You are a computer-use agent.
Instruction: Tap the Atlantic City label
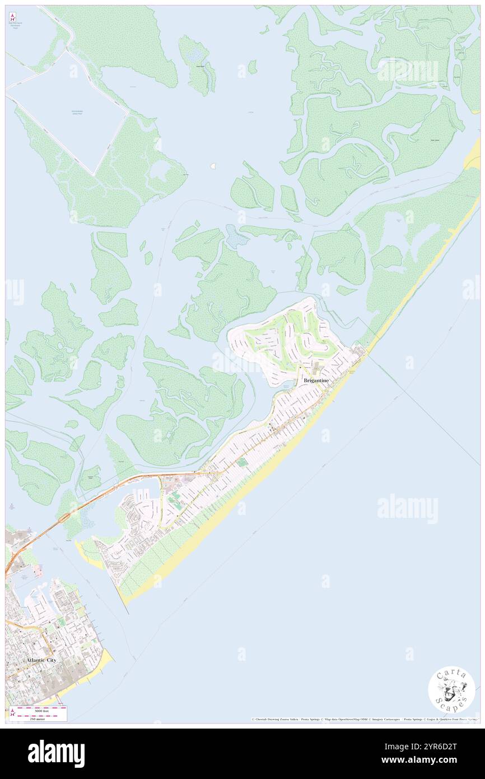(41, 660)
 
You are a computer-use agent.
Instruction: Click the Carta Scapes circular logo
(451, 690)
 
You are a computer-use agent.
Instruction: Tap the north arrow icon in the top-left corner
(12, 17)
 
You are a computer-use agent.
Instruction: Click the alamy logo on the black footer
(56, 754)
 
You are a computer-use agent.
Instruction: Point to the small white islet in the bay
(213, 165)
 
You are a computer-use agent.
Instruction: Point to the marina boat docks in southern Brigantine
(140, 494)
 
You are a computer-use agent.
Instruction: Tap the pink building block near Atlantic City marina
(37, 571)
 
